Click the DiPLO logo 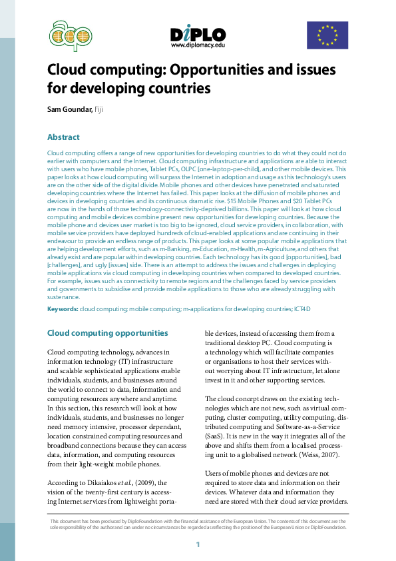coord(198,34)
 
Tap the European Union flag coord(327,35)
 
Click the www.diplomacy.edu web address coord(198,45)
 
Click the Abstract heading coord(63,137)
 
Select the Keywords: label coord(63,309)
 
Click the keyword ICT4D coord(304,309)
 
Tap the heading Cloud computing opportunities coord(107,333)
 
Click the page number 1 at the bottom coord(198,545)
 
